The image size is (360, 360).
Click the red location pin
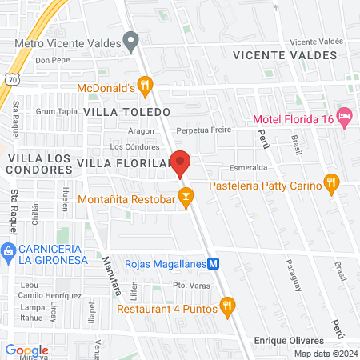click(181, 163)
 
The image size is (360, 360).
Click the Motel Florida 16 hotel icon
click(345, 117)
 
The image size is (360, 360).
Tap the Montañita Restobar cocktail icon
click(186, 195)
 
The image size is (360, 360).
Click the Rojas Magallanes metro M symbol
click(214, 263)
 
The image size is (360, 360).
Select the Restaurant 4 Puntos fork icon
click(228, 305)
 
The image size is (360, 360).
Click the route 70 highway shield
click(10, 79)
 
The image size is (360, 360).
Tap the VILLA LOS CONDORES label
click(36, 166)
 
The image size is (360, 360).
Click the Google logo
click(26, 350)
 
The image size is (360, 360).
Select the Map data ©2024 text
click(326, 354)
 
